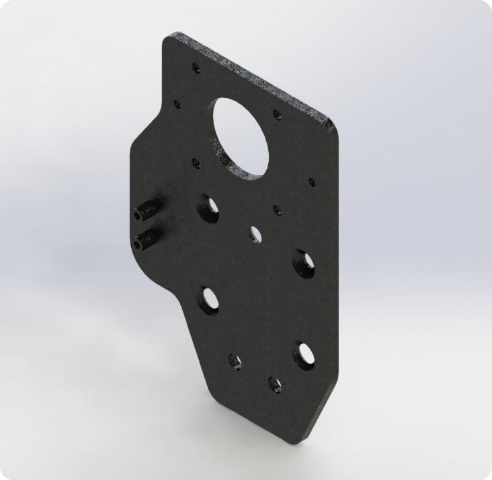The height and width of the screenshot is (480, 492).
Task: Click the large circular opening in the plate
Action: (243, 137)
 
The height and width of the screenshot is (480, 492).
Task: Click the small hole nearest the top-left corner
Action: (196, 68)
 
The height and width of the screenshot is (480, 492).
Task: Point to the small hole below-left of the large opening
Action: (196, 163)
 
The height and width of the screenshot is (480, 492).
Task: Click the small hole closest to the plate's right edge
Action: (312, 181)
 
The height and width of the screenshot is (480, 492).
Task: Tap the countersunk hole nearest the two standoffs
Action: (206, 207)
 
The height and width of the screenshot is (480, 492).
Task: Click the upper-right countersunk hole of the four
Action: (300, 261)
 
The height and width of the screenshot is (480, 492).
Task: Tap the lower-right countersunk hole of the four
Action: (303, 354)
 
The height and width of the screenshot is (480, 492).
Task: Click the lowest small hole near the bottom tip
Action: (275, 385)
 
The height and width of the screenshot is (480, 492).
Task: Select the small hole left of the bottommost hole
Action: (235, 362)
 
